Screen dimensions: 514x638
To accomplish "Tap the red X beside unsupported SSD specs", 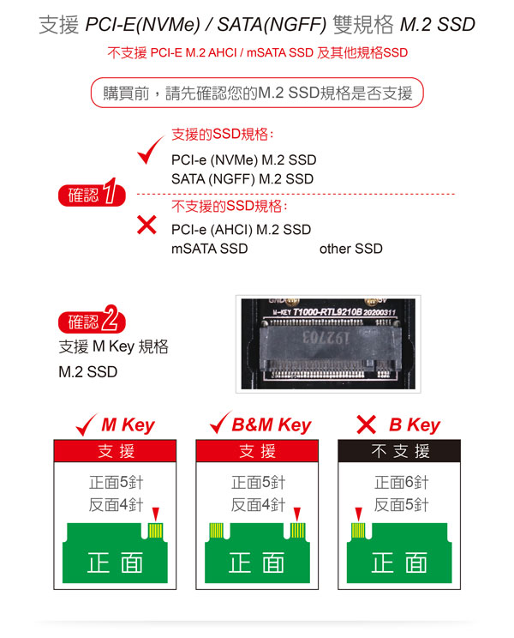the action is [x=146, y=225].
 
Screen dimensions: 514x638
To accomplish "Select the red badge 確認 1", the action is [x=93, y=193].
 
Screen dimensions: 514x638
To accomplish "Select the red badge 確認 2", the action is [x=93, y=320].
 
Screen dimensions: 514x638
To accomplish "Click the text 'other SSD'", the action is [x=351, y=249].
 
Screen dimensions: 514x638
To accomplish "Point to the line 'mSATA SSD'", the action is [x=210, y=249].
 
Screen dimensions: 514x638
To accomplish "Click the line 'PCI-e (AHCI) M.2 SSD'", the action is [x=241, y=230].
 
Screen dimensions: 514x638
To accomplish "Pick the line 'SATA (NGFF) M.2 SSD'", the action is [x=242, y=179].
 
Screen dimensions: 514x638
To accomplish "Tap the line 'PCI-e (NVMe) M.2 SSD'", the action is [x=244, y=159].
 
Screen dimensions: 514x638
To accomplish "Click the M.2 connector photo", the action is [x=328, y=344].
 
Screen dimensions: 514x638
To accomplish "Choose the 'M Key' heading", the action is [x=128, y=425].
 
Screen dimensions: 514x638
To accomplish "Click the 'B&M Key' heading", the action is [x=272, y=425].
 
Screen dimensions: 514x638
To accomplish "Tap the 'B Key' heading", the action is [x=415, y=425].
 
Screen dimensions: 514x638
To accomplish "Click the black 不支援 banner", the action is [x=399, y=451].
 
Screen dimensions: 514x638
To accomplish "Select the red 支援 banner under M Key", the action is [x=115, y=451].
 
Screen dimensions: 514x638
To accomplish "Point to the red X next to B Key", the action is [x=366, y=424].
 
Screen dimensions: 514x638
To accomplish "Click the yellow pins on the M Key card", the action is [x=156, y=531].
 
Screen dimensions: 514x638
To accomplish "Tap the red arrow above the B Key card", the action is [x=358, y=514].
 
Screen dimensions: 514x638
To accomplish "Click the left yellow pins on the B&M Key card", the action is [x=216, y=531].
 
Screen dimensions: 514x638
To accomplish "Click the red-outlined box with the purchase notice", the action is [x=257, y=93].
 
